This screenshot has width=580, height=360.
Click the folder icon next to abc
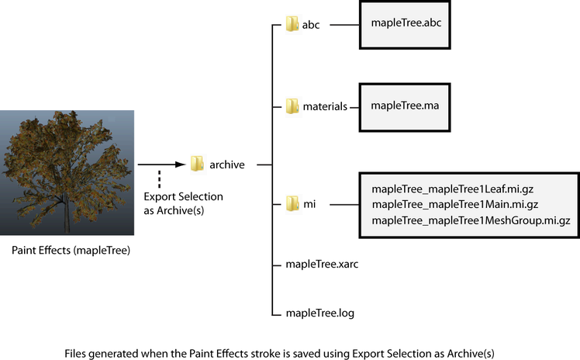(x=292, y=24)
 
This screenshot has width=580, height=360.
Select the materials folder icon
(x=292, y=106)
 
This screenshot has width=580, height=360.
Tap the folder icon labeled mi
(x=292, y=204)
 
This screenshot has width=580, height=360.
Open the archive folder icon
(x=197, y=164)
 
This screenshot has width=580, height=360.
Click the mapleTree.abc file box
(x=405, y=25)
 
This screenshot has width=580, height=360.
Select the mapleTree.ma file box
(x=405, y=107)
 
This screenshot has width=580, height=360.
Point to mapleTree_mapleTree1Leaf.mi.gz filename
(x=452, y=189)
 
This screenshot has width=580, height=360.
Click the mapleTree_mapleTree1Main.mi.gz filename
(x=455, y=204)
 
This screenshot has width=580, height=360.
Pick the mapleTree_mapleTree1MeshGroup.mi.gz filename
(x=471, y=220)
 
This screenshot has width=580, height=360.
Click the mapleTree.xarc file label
(x=322, y=264)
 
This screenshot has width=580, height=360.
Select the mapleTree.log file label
(x=320, y=313)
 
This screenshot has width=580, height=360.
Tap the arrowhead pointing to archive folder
(x=181, y=164)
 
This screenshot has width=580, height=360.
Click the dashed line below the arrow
(x=160, y=179)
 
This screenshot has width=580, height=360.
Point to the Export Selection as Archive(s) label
(x=184, y=203)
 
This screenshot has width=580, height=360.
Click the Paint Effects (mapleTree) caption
(x=71, y=251)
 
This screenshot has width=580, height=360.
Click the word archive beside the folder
(x=227, y=164)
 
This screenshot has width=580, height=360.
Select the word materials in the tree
(x=325, y=106)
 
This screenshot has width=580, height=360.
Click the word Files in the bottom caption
(x=75, y=353)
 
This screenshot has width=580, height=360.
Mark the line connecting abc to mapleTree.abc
(x=344, y=25)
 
